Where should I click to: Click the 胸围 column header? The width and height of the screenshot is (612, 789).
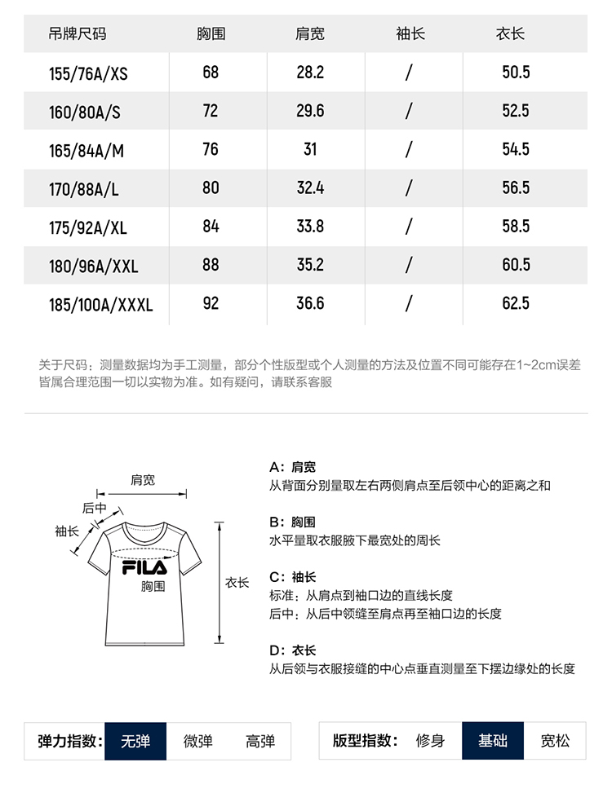point(211,34)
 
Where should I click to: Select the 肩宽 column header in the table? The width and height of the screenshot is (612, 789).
point(310,34)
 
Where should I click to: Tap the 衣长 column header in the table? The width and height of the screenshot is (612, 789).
point(510,34)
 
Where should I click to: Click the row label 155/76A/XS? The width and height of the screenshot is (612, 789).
point(88,73)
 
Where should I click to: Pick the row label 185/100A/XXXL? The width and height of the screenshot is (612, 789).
point(101,305)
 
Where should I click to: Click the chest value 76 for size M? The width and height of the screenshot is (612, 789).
point(211,149)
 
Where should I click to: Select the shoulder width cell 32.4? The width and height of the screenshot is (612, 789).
point(310,188)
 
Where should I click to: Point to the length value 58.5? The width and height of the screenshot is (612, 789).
point(516,227)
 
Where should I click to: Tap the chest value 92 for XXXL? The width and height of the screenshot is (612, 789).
point(211,304)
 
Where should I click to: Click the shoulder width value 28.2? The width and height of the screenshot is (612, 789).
point(310,73)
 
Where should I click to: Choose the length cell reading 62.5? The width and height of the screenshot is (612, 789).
point(516,304)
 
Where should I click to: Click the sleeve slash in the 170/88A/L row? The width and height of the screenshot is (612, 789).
point(409,188)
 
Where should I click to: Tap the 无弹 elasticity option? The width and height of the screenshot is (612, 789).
point(135,741)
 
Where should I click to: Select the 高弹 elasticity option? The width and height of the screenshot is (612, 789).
point(260,741)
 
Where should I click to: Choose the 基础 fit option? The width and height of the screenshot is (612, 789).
point(493,741)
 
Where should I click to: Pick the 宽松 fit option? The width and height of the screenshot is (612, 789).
point(556,741)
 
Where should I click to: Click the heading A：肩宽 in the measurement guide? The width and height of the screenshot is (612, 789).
point(292,467)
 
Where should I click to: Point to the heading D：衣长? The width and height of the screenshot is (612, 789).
point(292,650)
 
